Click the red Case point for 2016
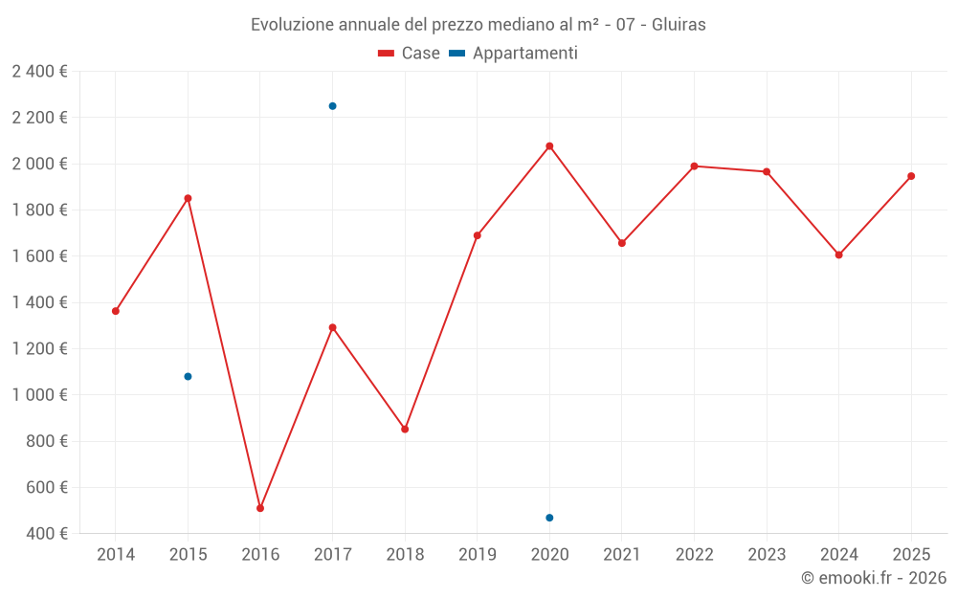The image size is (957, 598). (260, 508)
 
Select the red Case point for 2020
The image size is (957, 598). (549, 146)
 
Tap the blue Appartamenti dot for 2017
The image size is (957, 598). (332, 106)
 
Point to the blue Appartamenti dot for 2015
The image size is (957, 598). (188, 376)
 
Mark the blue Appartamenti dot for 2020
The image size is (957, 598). (549, 518)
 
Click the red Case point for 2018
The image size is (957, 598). (405, 429)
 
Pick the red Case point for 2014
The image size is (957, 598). (116, 311)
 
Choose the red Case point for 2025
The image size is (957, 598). (911, 176)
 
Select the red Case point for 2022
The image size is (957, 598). (694, 166)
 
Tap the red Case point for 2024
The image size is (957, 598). (838, 255)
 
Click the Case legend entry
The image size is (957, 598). (410, 54)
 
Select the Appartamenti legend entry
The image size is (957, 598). (514, 54)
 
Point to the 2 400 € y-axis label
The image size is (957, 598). (39, 72)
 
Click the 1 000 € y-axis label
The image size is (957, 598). (39, 395)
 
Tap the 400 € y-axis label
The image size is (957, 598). (46, 534)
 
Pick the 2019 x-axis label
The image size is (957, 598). (478, 555)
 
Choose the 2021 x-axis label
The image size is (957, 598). (622, 555)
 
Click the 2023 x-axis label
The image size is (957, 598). (767, 555)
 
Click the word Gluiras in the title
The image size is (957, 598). (679, 25)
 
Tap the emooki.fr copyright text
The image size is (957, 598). (874, 578)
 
